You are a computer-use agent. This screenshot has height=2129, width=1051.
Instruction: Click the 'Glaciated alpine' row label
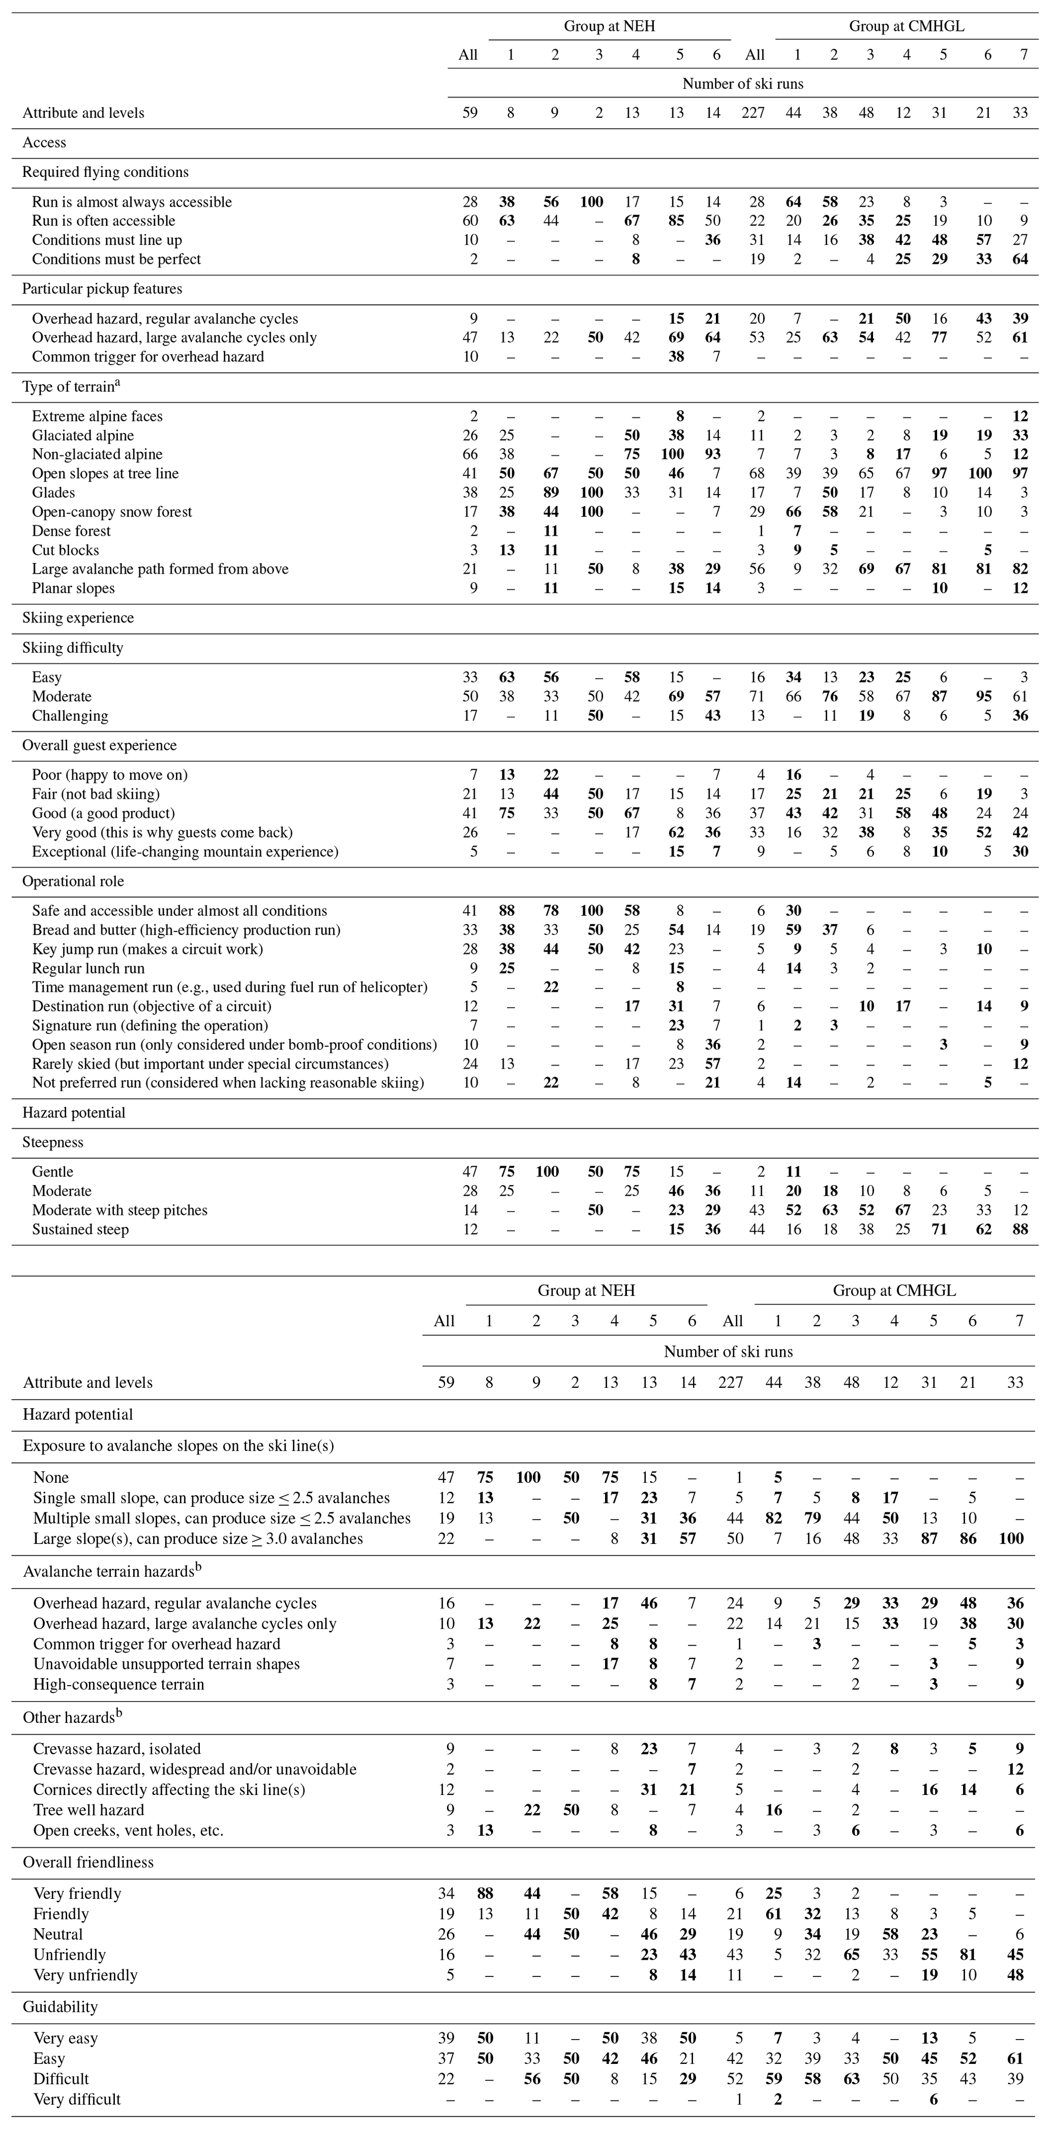83,436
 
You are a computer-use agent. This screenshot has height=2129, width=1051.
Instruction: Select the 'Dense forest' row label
71,531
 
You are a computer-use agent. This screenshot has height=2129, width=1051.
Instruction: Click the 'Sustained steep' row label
80,1229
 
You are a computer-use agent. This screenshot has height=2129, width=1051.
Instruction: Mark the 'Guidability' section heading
61,2006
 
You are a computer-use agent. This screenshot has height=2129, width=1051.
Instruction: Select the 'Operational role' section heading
74,881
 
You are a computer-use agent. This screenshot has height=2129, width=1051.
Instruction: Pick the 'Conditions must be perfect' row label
116,259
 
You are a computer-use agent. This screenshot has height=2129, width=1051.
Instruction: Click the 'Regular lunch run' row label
88,968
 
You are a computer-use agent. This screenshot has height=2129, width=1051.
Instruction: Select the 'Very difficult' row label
78,2098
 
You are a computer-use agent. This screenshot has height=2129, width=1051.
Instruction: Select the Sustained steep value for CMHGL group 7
1019,1229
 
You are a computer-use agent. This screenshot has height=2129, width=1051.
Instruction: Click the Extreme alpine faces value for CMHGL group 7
1019,416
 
